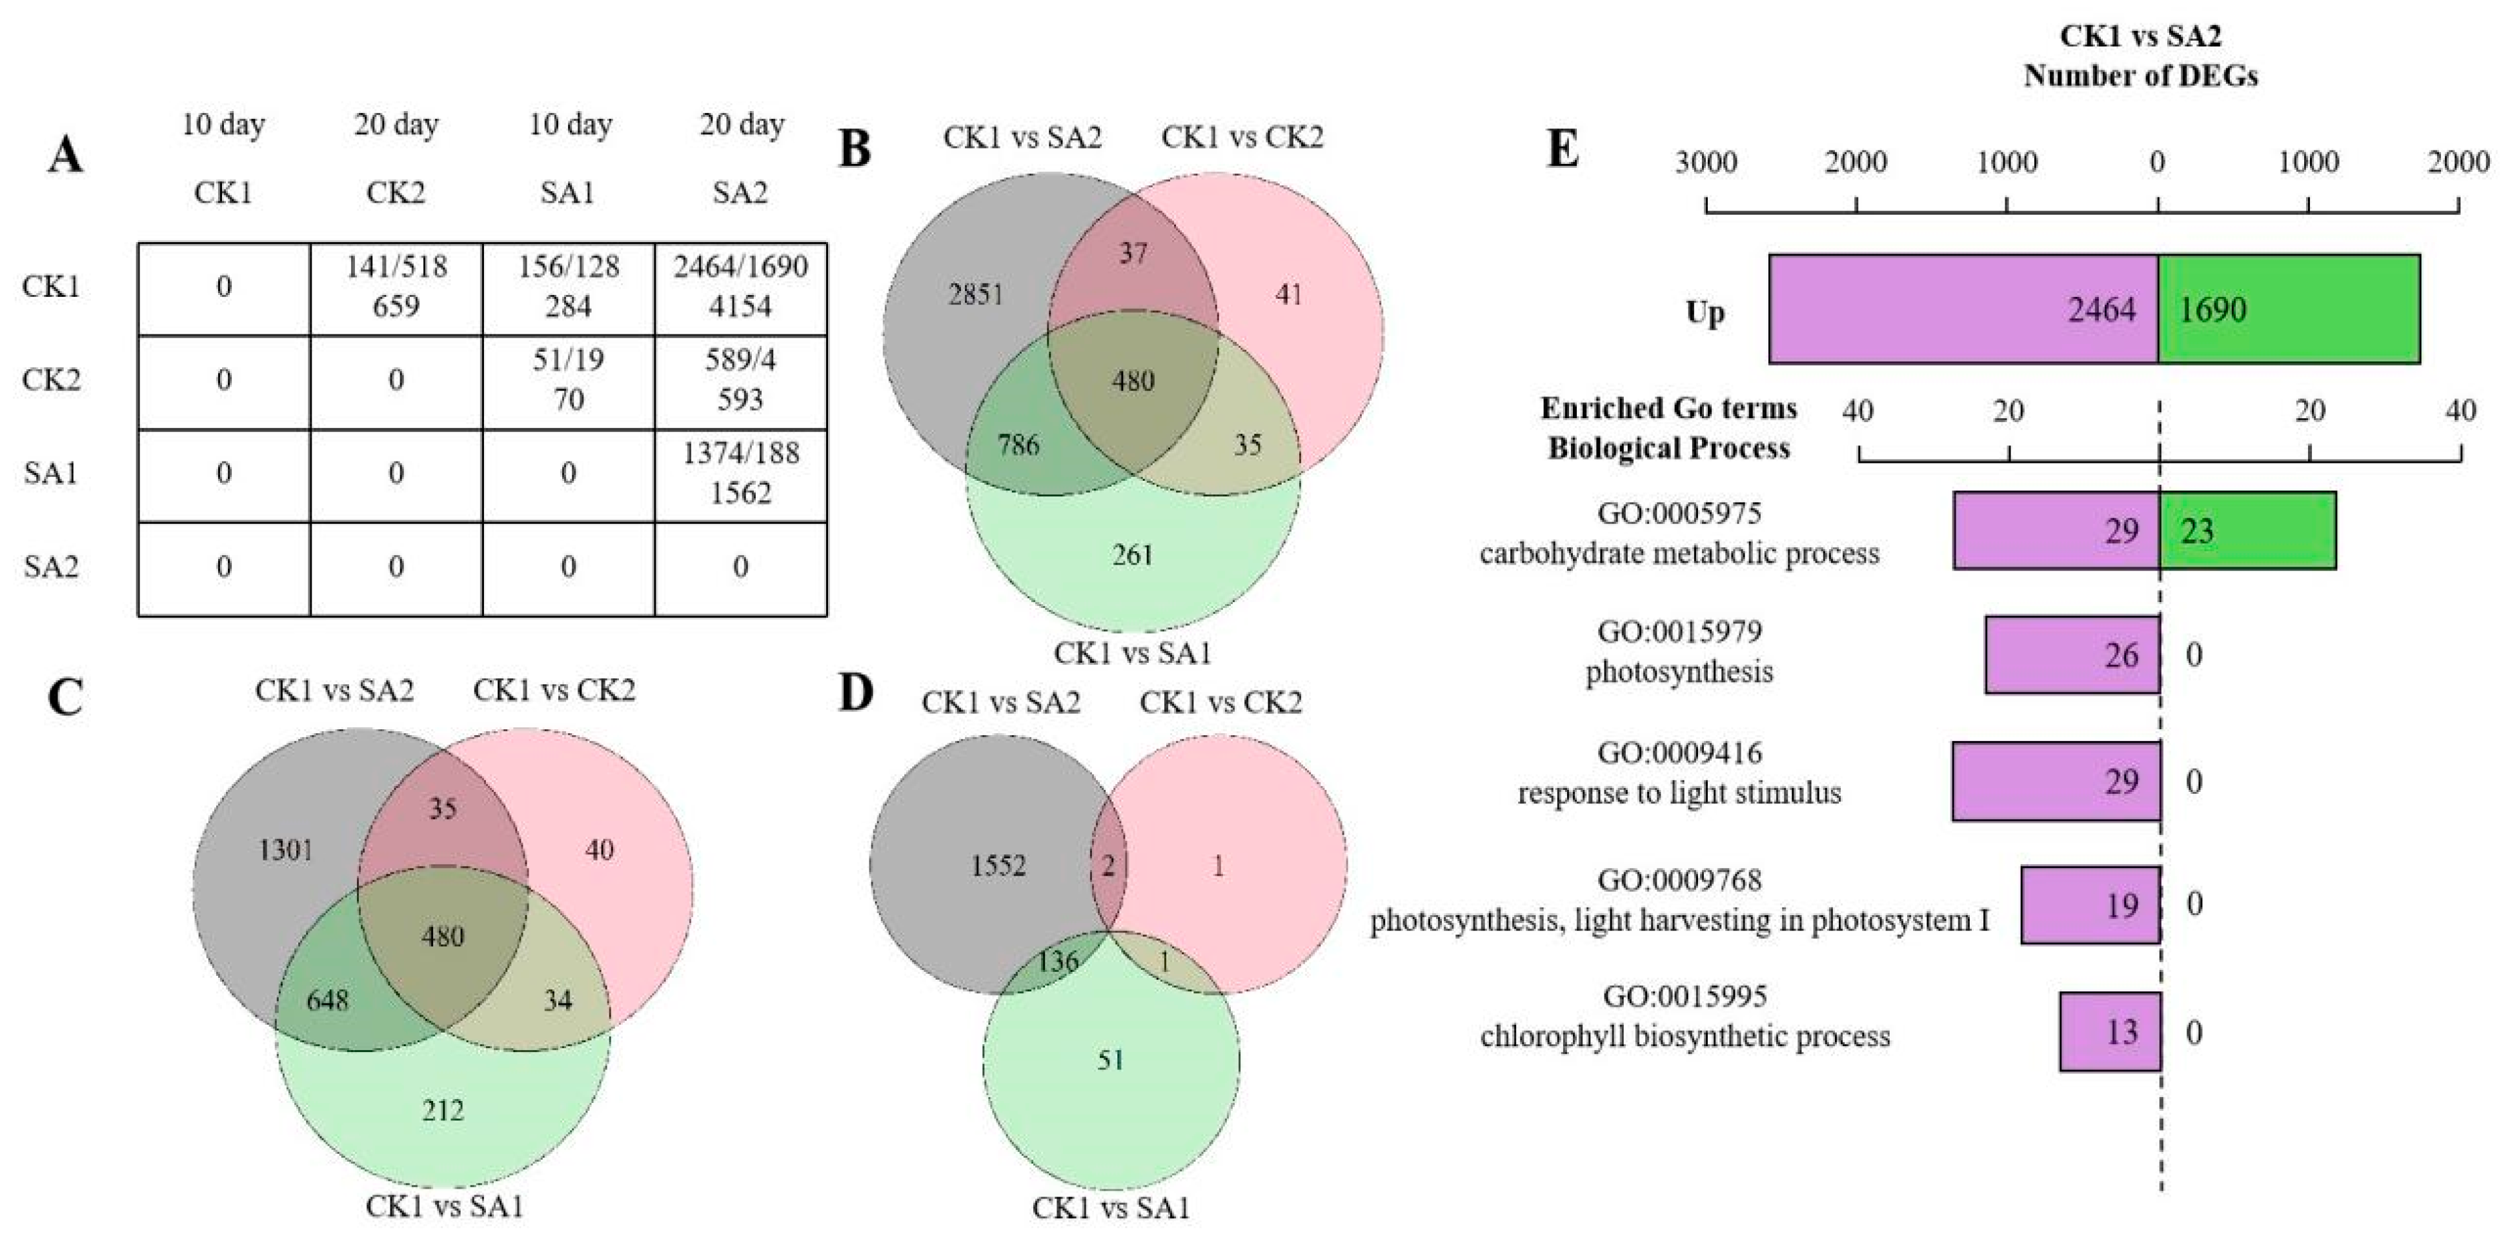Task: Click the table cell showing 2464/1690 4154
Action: click(x=740, y=287)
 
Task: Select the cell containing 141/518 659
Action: click(x=396, y=287)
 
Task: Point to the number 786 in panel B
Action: click(x=1018, y=445)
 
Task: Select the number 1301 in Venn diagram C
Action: click(x=285, y=851)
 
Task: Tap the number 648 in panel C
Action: click(x=327, y=1000)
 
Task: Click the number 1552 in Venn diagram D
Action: click(x=998, y=865)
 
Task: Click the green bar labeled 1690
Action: click(x=2288, y=310)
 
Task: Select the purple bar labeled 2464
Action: click(x=1963, y=310)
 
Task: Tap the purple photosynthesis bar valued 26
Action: click(x=2072, y=654)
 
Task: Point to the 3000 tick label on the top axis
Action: click(x=1705, y=162)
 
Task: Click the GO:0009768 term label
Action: click(x=1679, y=880)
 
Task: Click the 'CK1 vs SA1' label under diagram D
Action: click(x=1111, y=1209)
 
